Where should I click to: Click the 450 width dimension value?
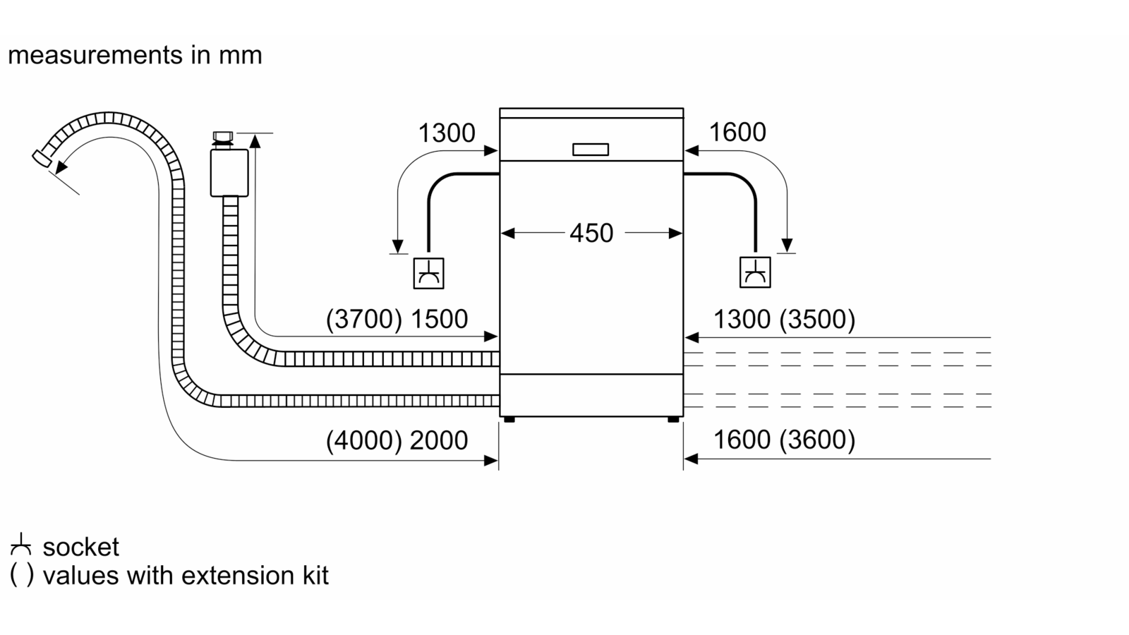[x=591, y=233]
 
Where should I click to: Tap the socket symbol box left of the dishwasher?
[x=428, y=273]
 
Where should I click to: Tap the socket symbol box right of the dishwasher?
[x=755, y=272]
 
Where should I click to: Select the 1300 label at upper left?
[x=447, y=133]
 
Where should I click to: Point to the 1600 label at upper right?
[x=737, y=132]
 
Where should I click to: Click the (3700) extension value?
[x=364, y=319]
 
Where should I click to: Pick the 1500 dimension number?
[x=440, y=319]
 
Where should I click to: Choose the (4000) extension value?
[x=364, y=440]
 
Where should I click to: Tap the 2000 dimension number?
[x=439, y=440]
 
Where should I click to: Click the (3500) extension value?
[x=817, y=319]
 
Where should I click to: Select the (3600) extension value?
[x=817, y=440]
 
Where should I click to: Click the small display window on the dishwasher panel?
[x=591, y=150]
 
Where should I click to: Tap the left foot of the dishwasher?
[x=509, y=419]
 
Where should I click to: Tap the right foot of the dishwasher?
[x=673, y=419]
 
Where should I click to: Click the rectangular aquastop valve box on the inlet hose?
[x=229, y=173]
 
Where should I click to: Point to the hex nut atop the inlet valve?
[x=223, y=137]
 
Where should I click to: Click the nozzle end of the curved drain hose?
[x=42, y=158]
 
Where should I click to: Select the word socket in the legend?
[x=80, y=548]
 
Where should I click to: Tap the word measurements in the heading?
[x=95, y=55]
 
